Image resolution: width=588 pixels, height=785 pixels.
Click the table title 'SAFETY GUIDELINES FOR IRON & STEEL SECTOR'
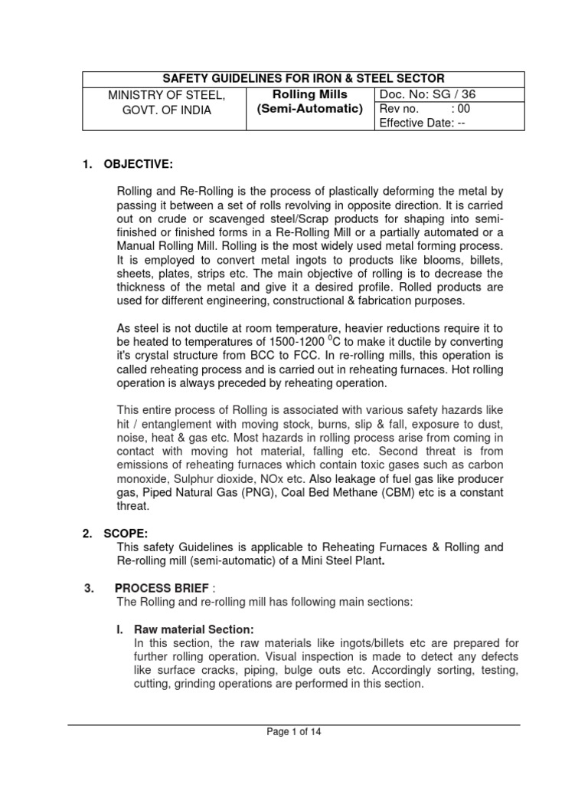[304, 80]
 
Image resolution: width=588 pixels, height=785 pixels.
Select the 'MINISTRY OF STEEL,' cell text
[167, 95]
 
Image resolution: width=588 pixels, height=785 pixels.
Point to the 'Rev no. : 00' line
[422, 110]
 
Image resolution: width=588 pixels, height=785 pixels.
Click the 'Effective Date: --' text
[423, 123]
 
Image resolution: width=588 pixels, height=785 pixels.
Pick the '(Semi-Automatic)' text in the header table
[309, 109]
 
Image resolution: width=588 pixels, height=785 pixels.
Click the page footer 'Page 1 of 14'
[294, 732]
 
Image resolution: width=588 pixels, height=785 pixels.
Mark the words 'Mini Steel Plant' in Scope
[338, 561]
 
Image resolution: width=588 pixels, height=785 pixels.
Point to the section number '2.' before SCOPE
[87, 534]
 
